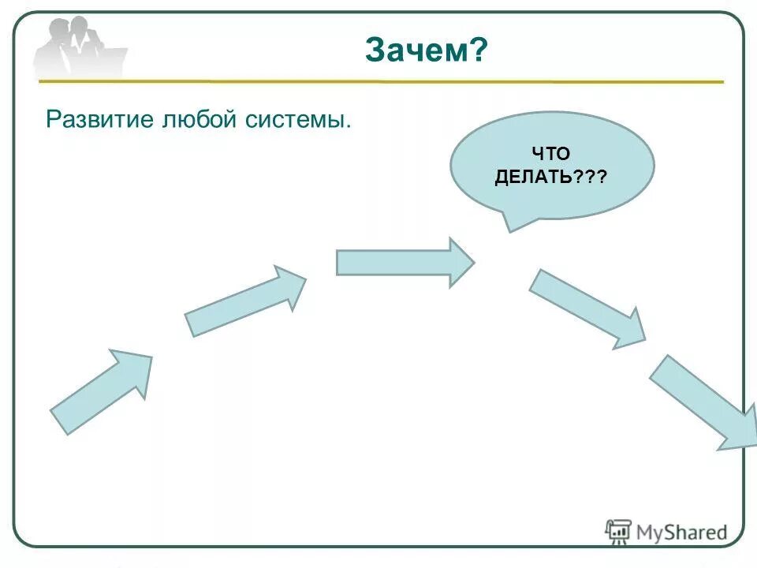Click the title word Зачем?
point(427,52)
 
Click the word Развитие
point(102,121)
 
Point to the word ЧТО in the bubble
point(551,155)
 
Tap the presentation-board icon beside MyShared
point(618,531)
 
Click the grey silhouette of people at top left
point(79,47)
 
